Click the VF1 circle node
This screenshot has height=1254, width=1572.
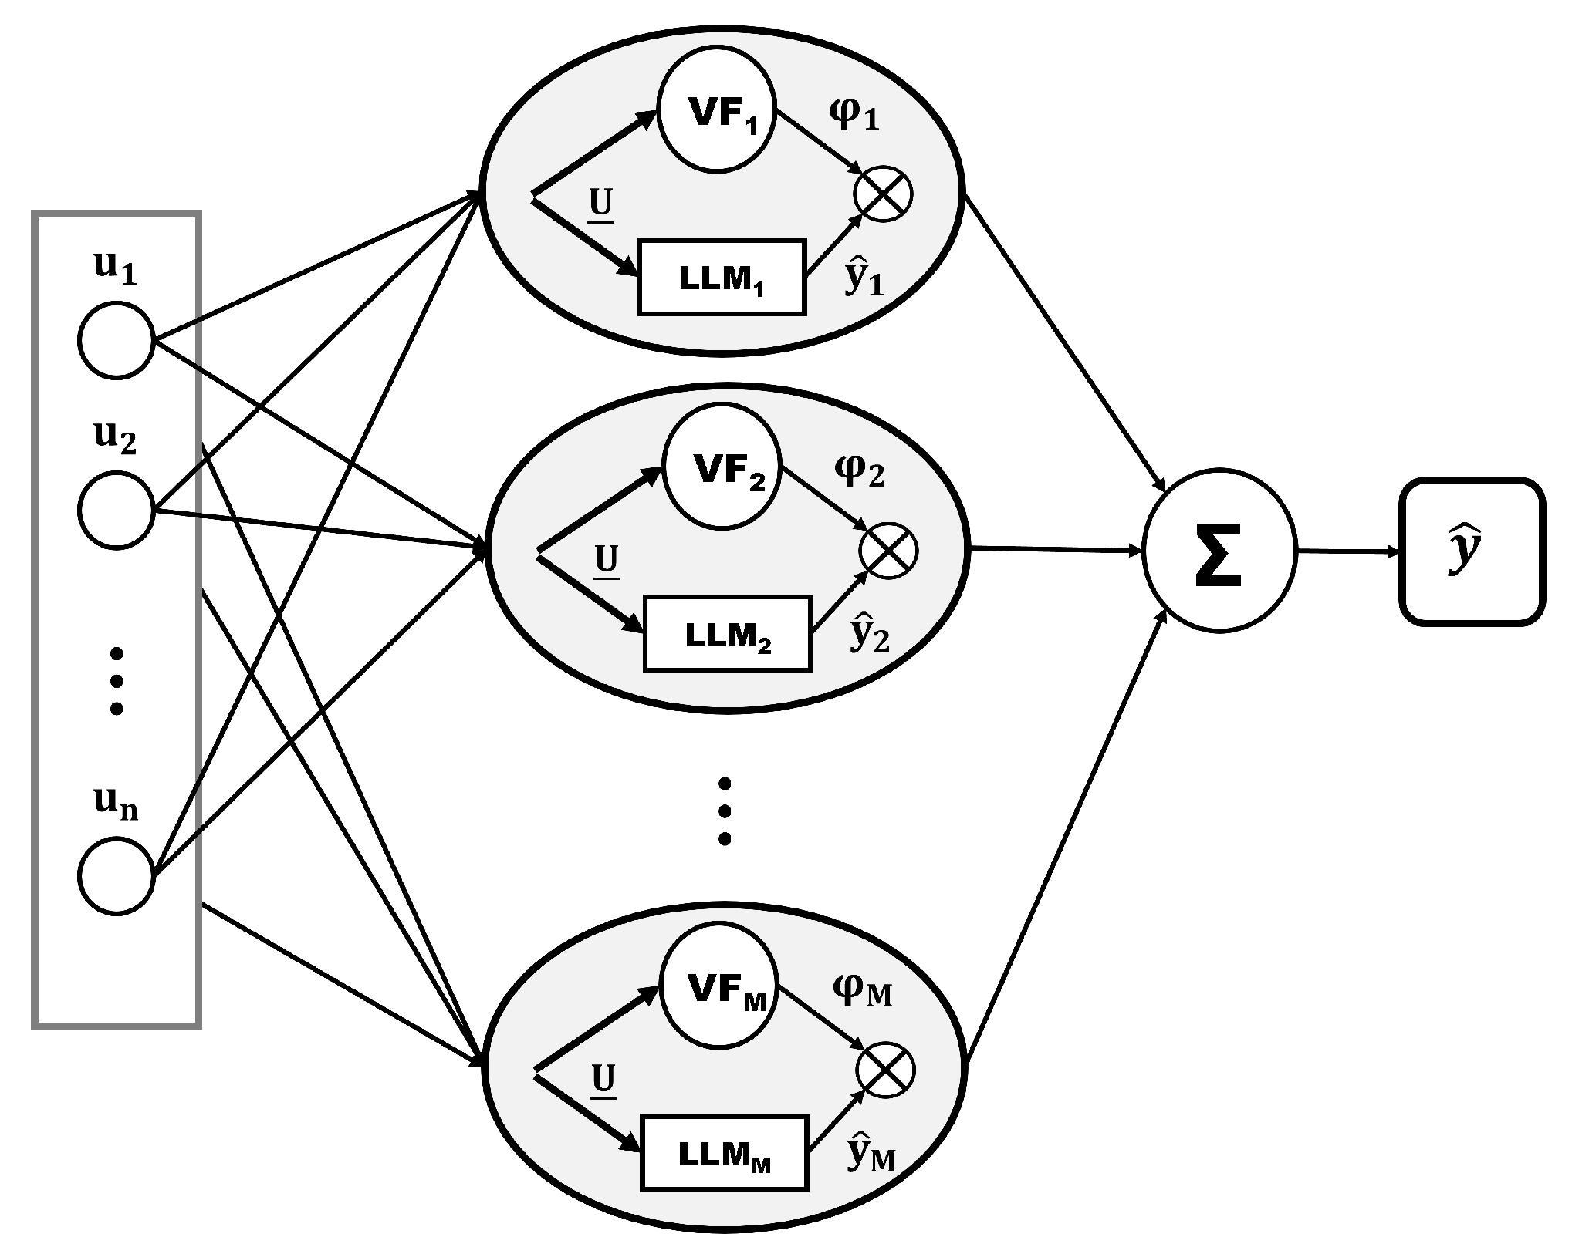point(716,112)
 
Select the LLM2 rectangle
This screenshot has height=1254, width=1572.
point(728,633)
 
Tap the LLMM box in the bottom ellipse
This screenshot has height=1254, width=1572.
point(724,1152)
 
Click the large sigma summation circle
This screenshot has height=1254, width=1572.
point(1219,553)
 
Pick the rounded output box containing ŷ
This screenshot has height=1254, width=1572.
point(1472,551)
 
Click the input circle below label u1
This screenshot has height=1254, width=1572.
point(117,340)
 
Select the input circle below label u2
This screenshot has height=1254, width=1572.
point(117,511)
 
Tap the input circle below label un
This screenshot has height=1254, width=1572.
point(117,878)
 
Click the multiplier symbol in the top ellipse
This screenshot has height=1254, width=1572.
point(883,194)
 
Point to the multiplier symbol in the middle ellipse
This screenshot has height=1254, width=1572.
point(888,551)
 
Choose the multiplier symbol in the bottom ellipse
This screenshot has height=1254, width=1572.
point(885,1070)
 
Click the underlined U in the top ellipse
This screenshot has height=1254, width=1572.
point(601,204)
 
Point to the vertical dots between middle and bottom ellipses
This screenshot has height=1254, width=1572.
point(724,811)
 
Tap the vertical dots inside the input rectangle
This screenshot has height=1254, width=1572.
point(117,681)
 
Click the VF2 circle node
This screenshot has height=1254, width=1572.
point(722,471)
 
